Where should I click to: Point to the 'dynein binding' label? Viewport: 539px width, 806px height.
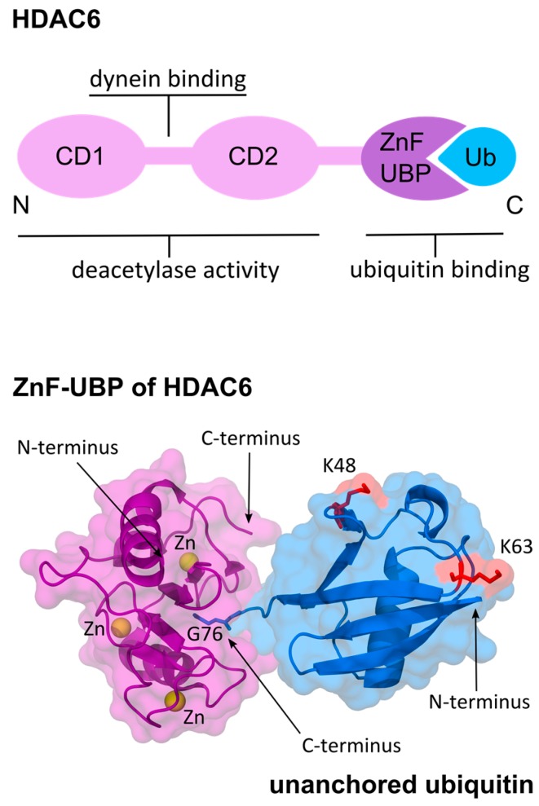click(168, 80)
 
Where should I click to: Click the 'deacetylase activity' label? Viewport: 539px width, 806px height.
click(169, 269)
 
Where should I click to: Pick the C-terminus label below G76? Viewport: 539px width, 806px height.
click(331, 743)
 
